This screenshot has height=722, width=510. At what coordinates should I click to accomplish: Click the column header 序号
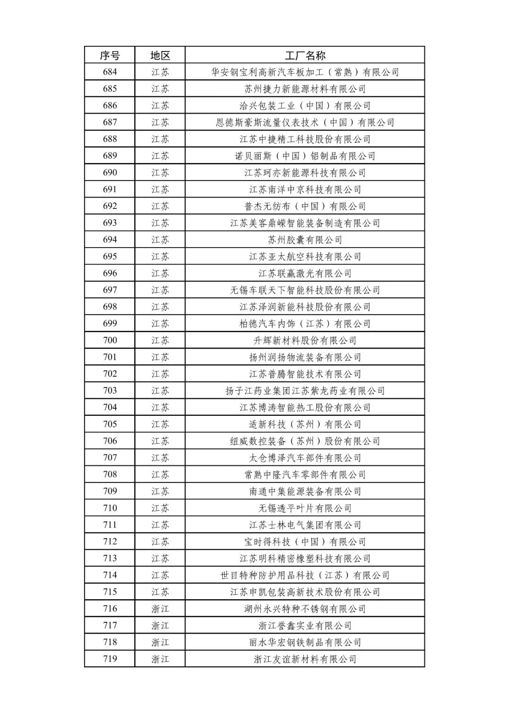click(x=110, y=55)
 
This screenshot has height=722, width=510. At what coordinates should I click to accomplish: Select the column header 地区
click(x=160, y=55)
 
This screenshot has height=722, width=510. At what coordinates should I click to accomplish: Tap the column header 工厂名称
click(x=305, y=55)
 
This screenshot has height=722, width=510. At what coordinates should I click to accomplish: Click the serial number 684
click(x=110, y=72)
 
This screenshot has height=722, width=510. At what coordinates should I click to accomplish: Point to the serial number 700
click(x=110, y=340)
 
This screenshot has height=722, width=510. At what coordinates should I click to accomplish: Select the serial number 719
click(x=110, y=659)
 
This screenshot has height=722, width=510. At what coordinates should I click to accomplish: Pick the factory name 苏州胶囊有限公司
click(x=305, y=240)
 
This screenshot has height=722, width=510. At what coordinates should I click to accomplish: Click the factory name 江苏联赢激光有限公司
click(x=305, y=274)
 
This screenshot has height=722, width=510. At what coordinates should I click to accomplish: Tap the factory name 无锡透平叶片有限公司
click(x=305, y=508)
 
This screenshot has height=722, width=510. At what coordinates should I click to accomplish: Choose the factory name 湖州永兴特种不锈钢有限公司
click(x=305, y=609)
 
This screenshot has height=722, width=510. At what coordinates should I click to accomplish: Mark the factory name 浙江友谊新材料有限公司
click(x=305, y=659)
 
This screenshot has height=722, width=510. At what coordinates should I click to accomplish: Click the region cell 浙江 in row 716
click(x=160, y=609)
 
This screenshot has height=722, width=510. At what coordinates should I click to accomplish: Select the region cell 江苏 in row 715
click(x=160, y=592)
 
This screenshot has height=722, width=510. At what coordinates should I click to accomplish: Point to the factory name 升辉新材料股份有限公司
click(x=305, y=340)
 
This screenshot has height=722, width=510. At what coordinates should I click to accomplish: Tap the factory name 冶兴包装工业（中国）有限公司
click(x=305, y=106)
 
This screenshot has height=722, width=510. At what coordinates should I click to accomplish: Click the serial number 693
click(x=110, y=223)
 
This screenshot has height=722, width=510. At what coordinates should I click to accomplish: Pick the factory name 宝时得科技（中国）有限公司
click(x=305, y=541)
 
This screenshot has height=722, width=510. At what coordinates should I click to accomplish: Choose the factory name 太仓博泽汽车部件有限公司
click(x=305, y=458)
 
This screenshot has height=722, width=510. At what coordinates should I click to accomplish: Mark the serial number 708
click(x=110, y=474)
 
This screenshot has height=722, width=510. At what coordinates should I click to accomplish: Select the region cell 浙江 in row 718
click(x=160, y=642)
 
